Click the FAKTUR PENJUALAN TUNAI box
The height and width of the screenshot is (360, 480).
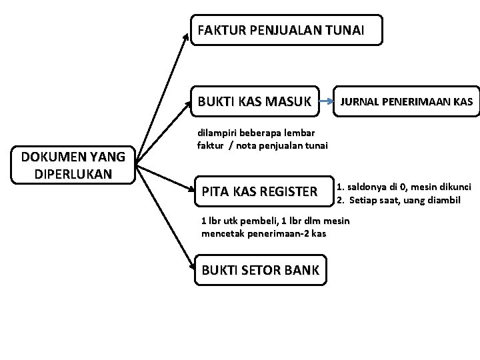pyautogui.click(x=287, y=30)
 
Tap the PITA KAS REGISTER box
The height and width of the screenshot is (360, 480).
pyautogui.click(x=260, y=192)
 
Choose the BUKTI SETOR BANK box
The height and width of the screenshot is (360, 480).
pyautogui.click(x=261, y=270)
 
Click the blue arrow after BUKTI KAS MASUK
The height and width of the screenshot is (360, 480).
pyautogui.click(x=327, y=103)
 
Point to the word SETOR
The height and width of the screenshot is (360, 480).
pyautogui.click(x=261, y=270)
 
